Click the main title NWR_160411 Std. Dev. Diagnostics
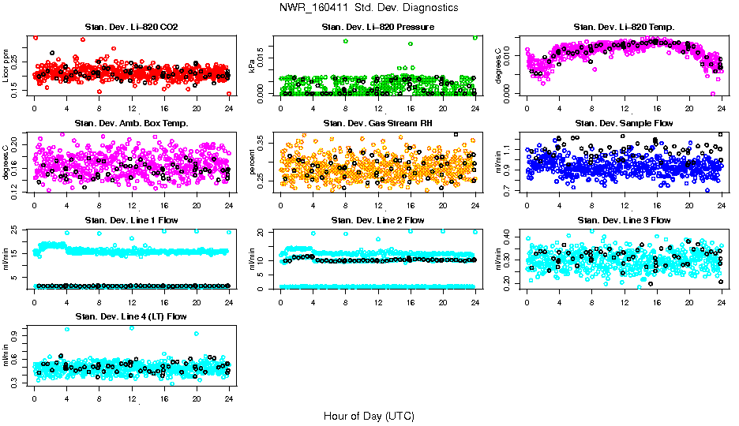point(369,8)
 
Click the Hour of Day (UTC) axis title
point(369,416)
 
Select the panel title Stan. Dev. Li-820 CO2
point(131,28)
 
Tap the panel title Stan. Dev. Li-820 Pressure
point(377,28)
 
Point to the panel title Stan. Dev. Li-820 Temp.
point(624,28)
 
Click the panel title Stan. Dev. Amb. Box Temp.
point(131,123)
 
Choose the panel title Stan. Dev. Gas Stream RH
point(377,123)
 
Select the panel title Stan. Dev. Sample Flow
point(624,123)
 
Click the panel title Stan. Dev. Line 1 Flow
point(131,220)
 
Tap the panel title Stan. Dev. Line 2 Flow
point(377,220)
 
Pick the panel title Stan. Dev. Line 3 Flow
point(624,220)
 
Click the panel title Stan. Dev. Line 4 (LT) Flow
point(131,316)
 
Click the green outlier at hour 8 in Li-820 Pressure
point(346,41)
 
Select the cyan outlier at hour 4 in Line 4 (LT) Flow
point(66,330)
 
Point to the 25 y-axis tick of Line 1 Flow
point(17,230)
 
